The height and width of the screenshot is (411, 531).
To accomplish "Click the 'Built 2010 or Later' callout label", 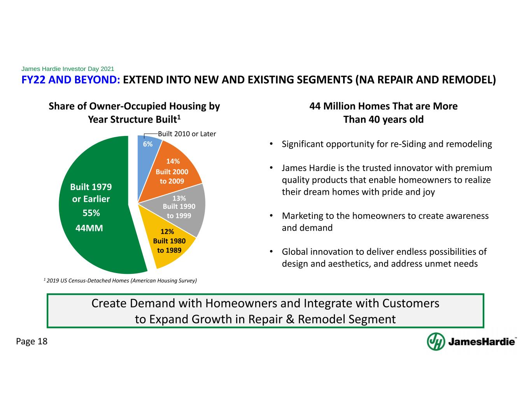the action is point(187,134).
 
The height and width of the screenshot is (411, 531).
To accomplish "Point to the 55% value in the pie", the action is point(91,213).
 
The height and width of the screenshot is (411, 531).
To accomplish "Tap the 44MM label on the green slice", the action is point(89,228).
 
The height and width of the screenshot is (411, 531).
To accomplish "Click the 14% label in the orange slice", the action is point(173,161).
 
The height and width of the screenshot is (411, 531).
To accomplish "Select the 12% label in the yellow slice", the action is point(167,231).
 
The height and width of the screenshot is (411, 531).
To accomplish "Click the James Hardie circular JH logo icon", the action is point(436,341).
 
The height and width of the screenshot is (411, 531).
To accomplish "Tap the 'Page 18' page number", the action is point(32,341).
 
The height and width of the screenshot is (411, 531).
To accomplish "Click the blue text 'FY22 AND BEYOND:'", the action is point(71,80).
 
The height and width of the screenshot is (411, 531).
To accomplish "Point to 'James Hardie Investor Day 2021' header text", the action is point(68,69).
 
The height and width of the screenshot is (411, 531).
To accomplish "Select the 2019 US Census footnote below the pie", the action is point(120,280).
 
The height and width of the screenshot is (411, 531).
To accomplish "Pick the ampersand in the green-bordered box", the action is point(290,319).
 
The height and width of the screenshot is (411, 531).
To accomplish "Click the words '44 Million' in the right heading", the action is point(332,106).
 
